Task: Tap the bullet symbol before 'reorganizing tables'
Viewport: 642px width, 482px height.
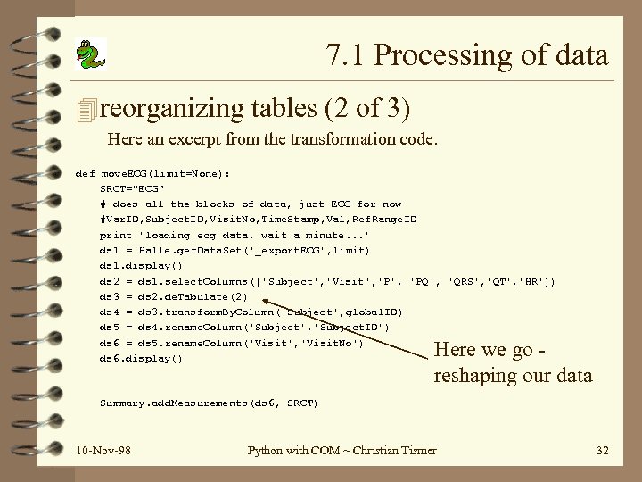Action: pos(86,111)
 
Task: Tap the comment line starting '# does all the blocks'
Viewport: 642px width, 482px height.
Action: pos(250,204)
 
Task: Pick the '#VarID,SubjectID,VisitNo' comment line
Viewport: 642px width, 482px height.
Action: pos(259,220)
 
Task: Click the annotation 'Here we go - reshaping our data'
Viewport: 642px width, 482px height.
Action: pos(512,361)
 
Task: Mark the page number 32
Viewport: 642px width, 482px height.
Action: pos(602,450)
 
